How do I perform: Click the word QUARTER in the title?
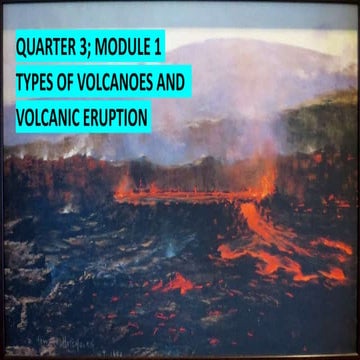point(49,47)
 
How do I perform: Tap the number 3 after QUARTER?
point(88,47)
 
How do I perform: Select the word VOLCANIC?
point(49,118)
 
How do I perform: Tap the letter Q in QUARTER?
point(21,47)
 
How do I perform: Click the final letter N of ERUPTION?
point(145,118)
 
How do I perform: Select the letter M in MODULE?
point(107,47)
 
